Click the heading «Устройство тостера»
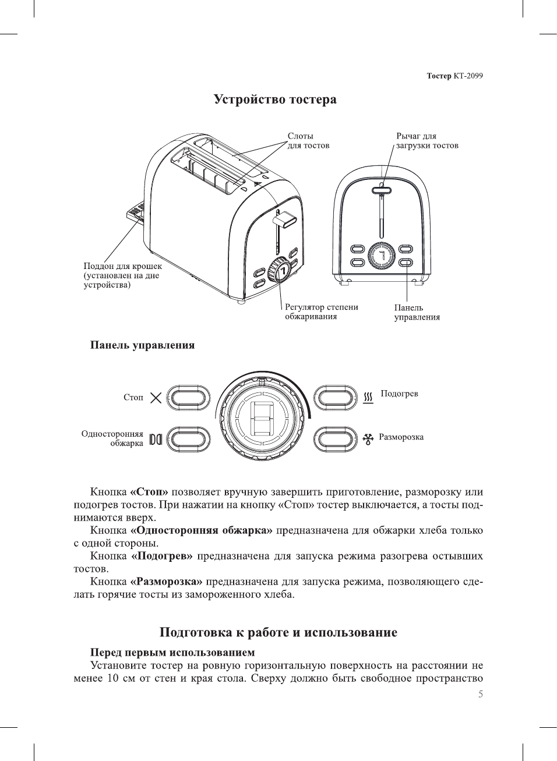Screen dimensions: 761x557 275,100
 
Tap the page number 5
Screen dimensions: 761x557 480,694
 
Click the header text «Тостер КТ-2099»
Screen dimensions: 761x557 454,76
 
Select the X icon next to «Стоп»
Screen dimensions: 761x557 156,398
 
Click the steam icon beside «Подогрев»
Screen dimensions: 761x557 368,397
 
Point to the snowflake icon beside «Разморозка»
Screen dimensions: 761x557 368,438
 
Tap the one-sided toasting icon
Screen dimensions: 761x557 155,439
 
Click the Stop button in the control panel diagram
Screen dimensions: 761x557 188,398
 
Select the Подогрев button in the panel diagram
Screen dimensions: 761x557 335,398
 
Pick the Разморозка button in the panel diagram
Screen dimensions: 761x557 335,438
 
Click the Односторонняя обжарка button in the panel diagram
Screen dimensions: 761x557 188,438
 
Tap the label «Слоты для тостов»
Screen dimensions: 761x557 308,141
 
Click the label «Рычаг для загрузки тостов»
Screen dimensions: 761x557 427,141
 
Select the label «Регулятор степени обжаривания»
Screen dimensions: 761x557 321,312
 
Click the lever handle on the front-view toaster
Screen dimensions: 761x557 382,189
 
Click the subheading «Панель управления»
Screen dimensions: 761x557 142,345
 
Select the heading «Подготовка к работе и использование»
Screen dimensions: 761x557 278,633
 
